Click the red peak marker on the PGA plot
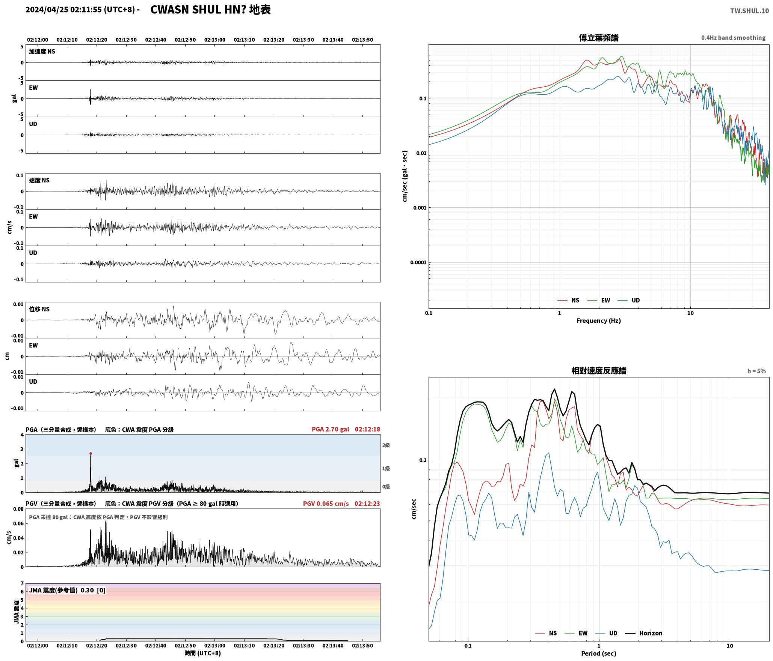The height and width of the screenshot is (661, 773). [91, 453]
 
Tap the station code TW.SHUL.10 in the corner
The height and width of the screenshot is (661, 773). [749, 11]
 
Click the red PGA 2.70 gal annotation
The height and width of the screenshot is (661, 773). [330, 429]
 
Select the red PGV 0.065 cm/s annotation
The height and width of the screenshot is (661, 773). [326, 503]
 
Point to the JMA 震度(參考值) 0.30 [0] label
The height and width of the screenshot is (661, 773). [67, 590]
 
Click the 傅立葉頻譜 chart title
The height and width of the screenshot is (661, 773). [599, 38]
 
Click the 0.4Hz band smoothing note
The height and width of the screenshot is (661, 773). [733, 38]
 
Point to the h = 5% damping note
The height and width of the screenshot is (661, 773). [756, 371]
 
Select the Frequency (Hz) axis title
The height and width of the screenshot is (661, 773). [599, 320]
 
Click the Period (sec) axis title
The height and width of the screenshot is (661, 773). [599, 653]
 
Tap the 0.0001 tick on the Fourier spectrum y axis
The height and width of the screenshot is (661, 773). [418, 262]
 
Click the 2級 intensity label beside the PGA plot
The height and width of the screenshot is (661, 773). [386, 445]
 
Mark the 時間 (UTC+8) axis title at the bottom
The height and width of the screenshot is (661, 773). [202, 653]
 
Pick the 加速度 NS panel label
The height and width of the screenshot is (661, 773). [42, 51]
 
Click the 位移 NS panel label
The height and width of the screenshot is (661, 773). [39, 309]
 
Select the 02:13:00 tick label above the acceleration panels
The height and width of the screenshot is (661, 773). [215, 40]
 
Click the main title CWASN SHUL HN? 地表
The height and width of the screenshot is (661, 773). [210, 10]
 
